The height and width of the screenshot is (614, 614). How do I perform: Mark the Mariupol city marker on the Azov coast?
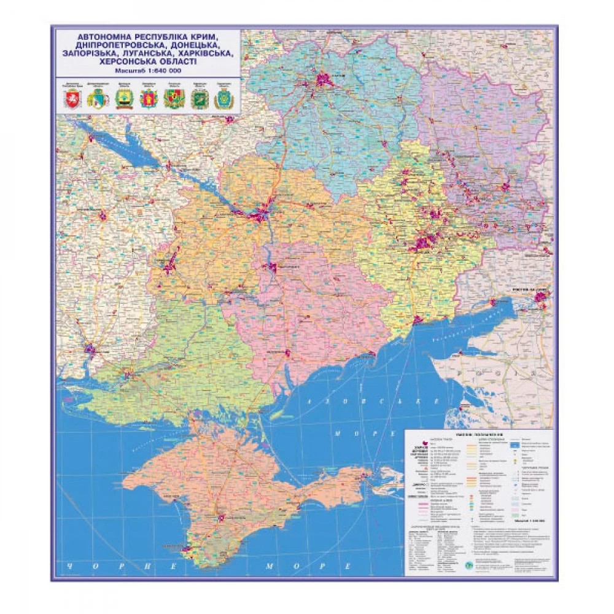418,320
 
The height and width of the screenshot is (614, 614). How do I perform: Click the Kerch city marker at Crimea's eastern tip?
367,475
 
